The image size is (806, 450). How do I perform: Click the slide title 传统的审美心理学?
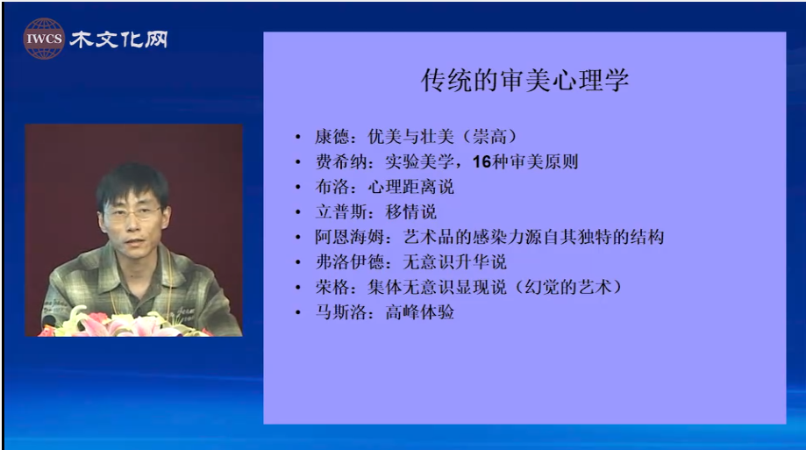point(524,80)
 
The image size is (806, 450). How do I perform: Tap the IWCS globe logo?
point(44,39)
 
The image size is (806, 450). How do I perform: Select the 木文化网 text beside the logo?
point(118,39)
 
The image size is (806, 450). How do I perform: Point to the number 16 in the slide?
point(481,162)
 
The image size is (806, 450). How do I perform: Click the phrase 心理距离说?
point(410,187)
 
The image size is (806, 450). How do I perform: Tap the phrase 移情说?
point(410,212)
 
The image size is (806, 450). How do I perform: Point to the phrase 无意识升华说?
point(455,262)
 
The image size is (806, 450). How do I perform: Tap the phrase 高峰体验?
point(419,312)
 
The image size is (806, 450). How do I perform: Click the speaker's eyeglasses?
point(132,212)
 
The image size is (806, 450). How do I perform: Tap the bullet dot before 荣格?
point(298,288)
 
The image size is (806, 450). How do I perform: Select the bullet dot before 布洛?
point(298,187)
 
